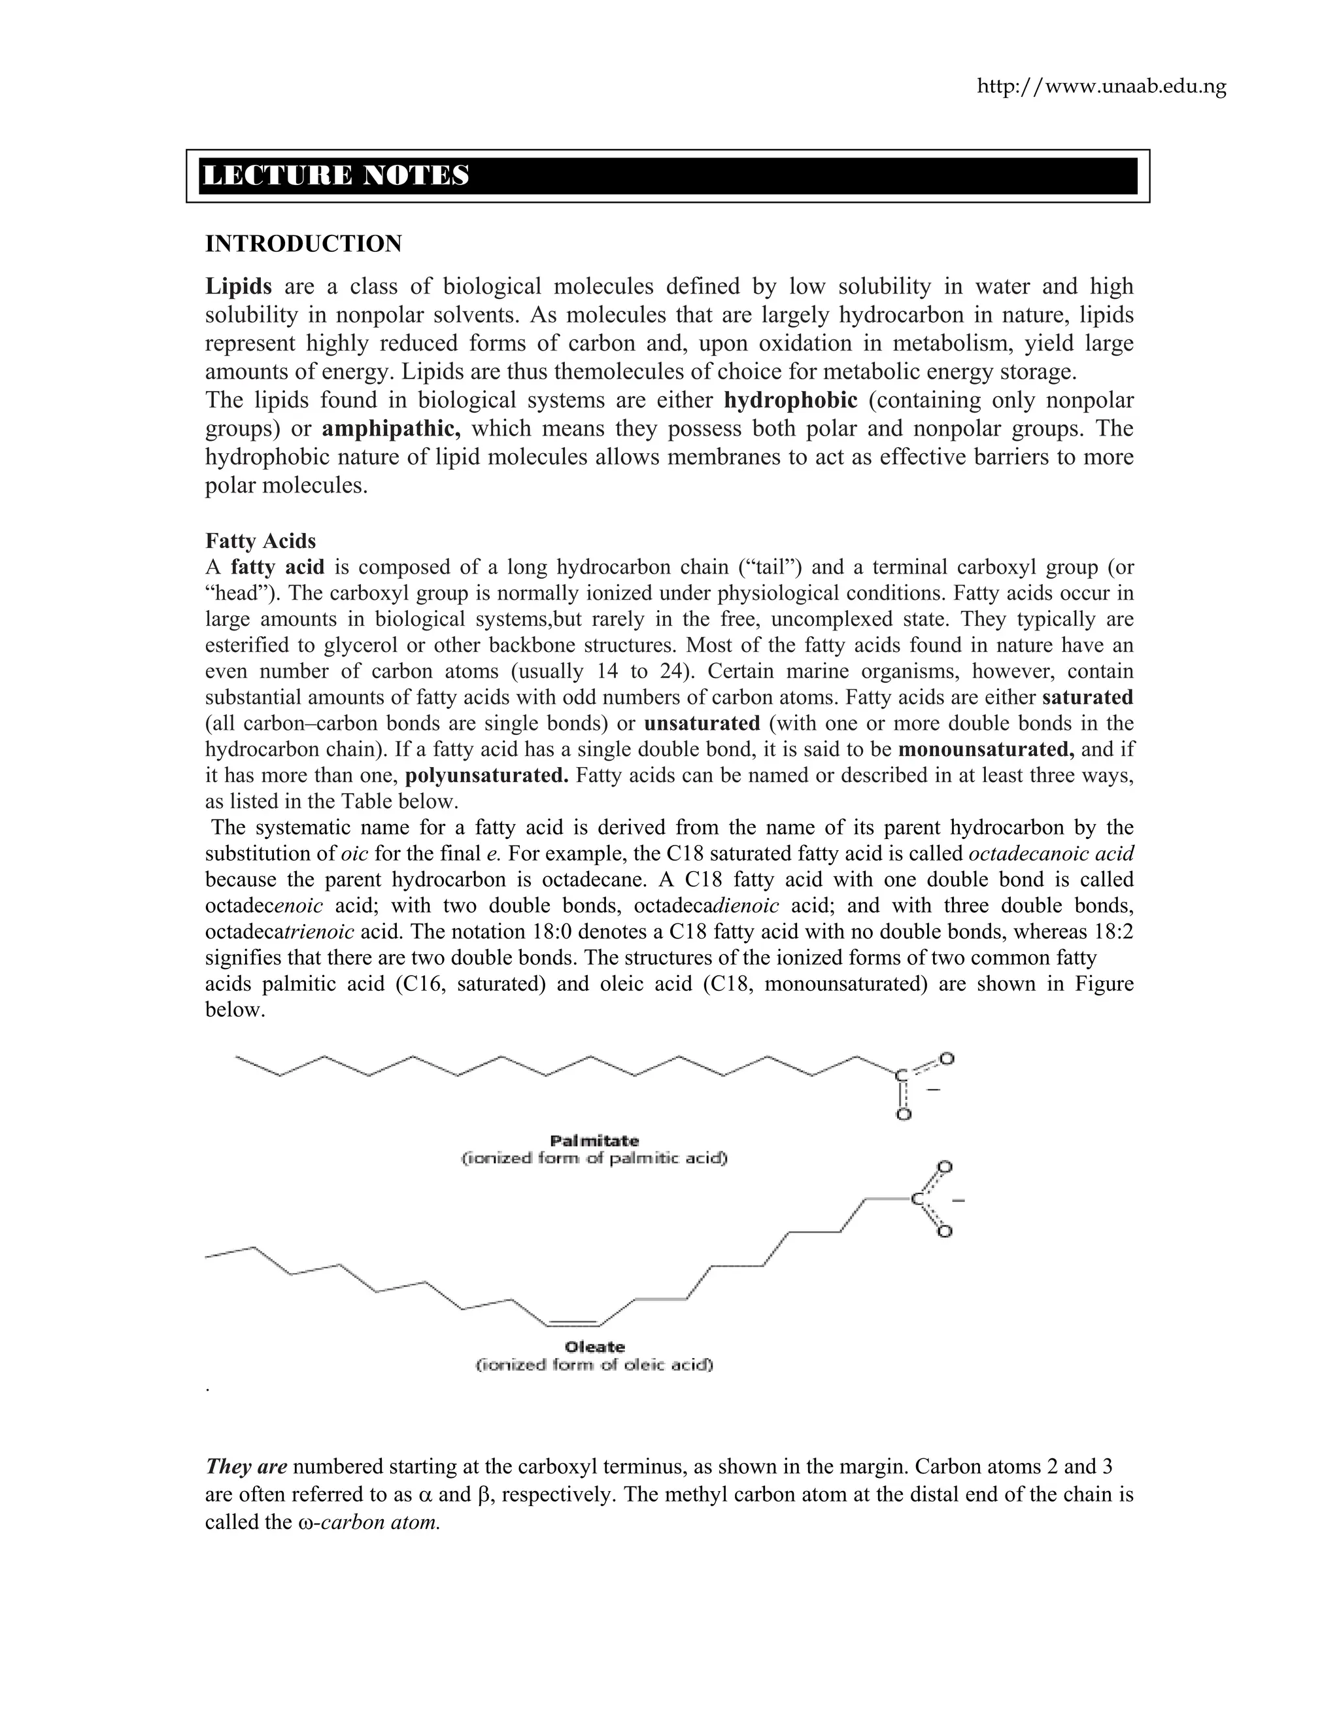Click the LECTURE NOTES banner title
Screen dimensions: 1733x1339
click(x=336, y=175)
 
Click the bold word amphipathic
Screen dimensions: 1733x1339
click(x=391, y=428)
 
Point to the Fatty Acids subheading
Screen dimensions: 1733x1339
click(x=260, y=541)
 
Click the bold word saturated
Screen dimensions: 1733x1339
click(x=1087, y=698)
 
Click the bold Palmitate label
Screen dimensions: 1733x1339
click(x=594, y=1141)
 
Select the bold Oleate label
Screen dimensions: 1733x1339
click(x=594, y=1347)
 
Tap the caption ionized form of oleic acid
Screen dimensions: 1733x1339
click(x=594, y=1365)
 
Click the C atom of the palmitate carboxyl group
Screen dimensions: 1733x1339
click(x=901, y=1076)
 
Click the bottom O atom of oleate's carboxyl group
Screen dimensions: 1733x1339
click(x=945, y=1231)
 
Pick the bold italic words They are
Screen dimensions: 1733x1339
click(x=246, y=1466)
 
